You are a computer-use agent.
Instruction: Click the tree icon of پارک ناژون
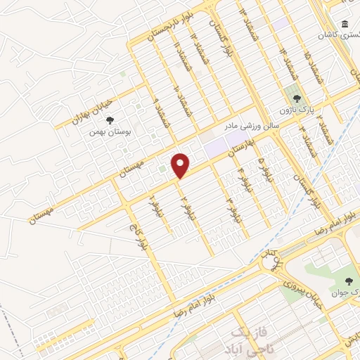click(x=297, y=99)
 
